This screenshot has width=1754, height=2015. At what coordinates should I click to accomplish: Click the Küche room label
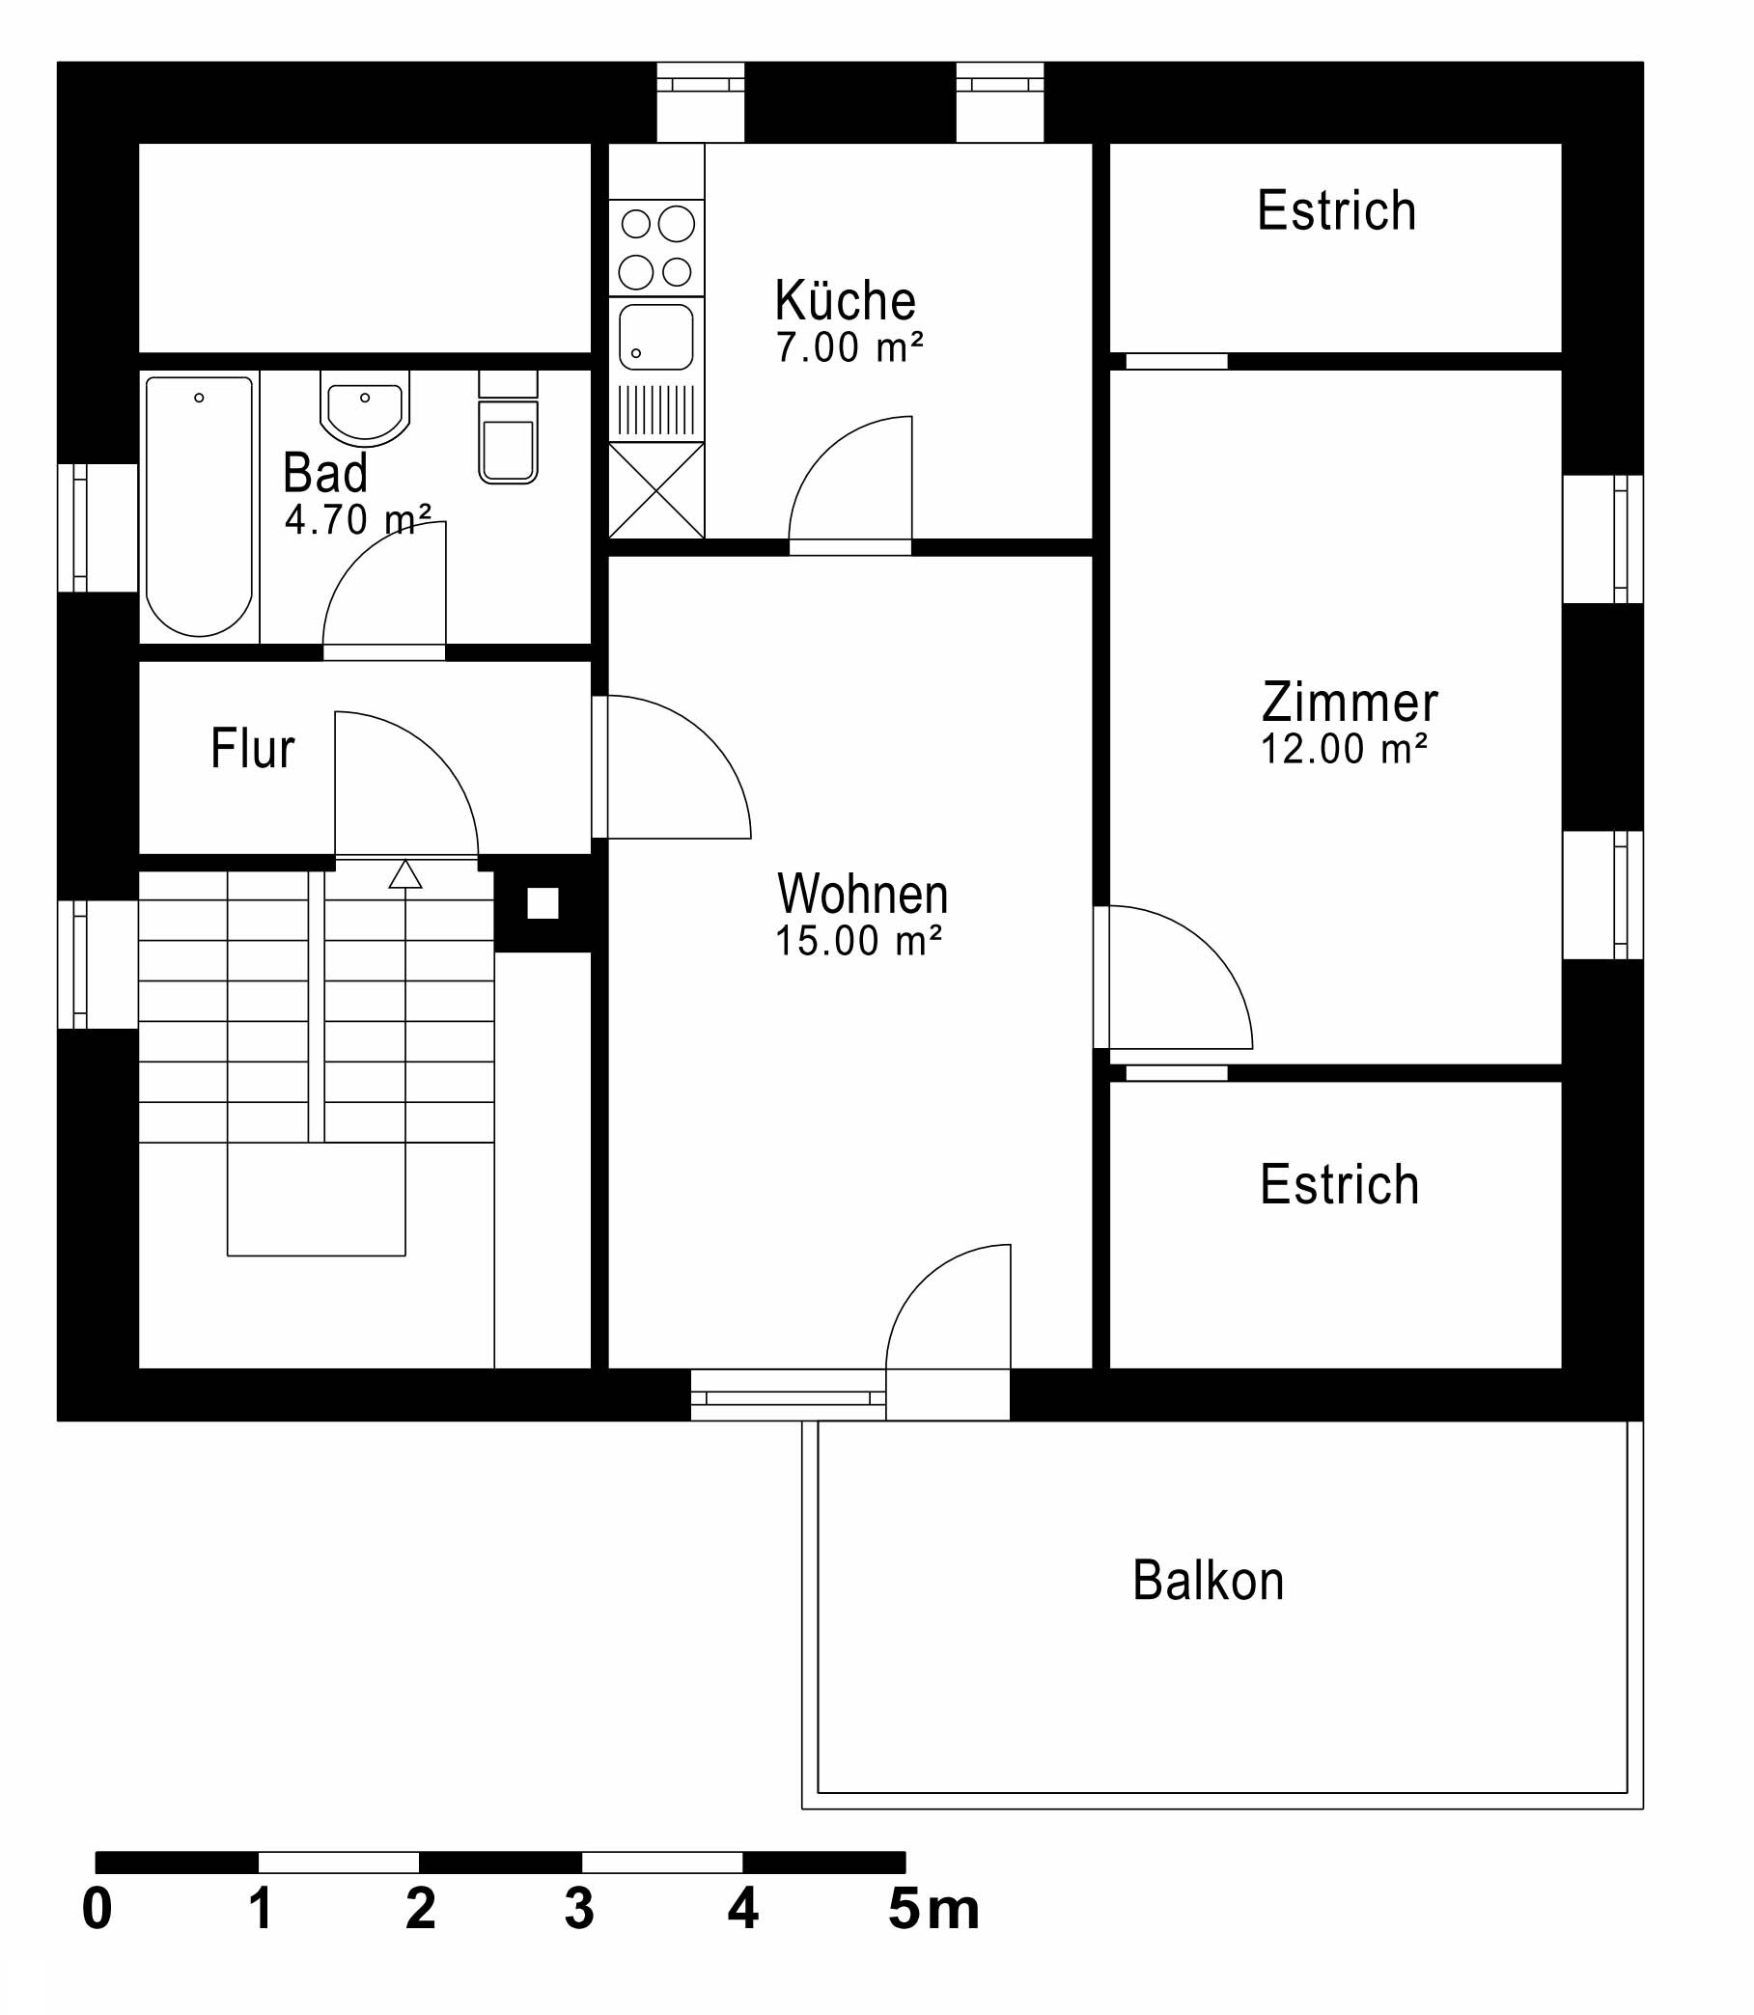(845, 300)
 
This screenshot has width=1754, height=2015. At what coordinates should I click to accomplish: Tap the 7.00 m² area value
(849, 348)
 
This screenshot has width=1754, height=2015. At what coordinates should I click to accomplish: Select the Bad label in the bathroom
(325, 474)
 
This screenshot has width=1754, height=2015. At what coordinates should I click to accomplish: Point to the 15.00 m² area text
(857, 942)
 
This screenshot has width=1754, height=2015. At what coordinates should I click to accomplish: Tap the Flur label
(253, 749)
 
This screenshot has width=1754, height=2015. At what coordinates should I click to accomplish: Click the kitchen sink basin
(655, 337)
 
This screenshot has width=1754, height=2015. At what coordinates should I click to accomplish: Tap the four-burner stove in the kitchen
(655, 248)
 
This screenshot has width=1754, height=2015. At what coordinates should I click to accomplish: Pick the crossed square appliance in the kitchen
(655, 489)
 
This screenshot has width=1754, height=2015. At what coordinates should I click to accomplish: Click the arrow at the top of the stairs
(405, 874)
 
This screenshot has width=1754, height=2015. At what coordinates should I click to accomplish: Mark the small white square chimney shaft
(543, 903)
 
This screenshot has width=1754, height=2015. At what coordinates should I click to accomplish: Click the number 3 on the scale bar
(578, 1908)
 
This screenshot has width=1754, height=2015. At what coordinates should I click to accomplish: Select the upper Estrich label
(1336, 210)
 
